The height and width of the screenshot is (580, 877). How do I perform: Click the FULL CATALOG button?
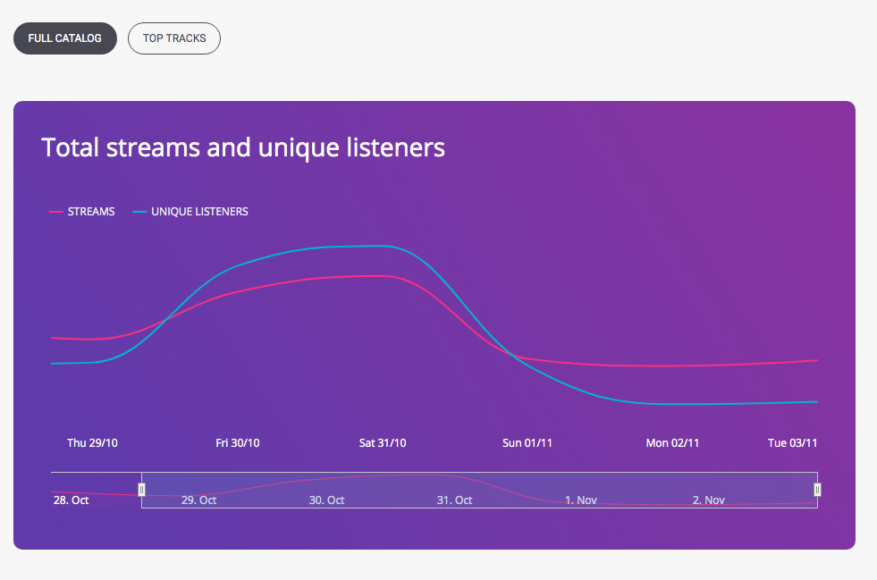click(65, 38)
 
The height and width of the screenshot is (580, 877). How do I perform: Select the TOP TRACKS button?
click(174, 38)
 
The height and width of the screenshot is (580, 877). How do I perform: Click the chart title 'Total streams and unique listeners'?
click(243, 147)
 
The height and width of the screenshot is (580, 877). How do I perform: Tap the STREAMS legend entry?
click(82, 212)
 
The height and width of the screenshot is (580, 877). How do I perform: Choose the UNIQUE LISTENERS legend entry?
click(190, 212)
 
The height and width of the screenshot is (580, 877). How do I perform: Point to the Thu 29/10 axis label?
click(92, 443)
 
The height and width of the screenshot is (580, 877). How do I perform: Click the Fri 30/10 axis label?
click(238, 443)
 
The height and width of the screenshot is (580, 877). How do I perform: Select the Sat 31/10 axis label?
click(383, 443)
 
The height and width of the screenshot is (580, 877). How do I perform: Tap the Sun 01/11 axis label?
click(527, 443)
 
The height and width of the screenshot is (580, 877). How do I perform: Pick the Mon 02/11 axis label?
click(672, 443)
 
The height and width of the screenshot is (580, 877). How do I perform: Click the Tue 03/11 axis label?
click(793, 443)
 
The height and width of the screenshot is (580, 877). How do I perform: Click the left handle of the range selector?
click(141, 490)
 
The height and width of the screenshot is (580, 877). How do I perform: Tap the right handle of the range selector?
click(817, 490)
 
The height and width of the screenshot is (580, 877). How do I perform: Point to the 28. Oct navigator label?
click(71, 500)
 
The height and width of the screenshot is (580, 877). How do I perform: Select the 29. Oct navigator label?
click(198, 500)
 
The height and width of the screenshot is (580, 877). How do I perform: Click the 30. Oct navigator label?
click(326, 500)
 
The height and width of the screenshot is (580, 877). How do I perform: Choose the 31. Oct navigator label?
click(454, 500)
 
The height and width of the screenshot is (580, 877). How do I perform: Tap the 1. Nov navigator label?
click(580, 500)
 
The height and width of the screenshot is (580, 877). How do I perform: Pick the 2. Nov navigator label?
click(709, 500)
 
